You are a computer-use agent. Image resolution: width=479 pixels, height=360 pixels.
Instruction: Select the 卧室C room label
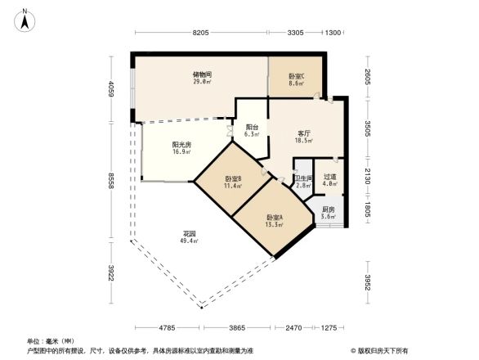pyautogui.click(x=296, y=76)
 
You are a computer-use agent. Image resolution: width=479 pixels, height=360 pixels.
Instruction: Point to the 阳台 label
pyautogui.click(x=253, y=127)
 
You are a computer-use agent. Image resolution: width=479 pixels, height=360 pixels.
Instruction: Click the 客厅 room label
pyautogui.click(x=304, y=133)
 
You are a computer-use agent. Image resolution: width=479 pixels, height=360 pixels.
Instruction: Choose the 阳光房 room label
pyautogui.click(x=181, y=144)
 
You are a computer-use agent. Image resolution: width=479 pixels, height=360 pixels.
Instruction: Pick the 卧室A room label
pyautogui.click(x=274, y=217)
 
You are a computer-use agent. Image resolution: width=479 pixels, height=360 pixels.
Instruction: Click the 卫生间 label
pyautogui.click(x=302, y=178)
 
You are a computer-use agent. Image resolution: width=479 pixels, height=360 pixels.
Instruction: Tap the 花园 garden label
pyautogui.click(x=190, y=235)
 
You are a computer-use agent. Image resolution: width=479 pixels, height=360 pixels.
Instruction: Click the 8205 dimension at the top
pyautogui.click(x=202, y=32)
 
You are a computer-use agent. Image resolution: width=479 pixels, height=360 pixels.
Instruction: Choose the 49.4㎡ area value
pyautogui.click(x=190, y=242)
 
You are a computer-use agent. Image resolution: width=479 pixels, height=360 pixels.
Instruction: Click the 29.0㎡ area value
pyautogui.click(x=203, y=82)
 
